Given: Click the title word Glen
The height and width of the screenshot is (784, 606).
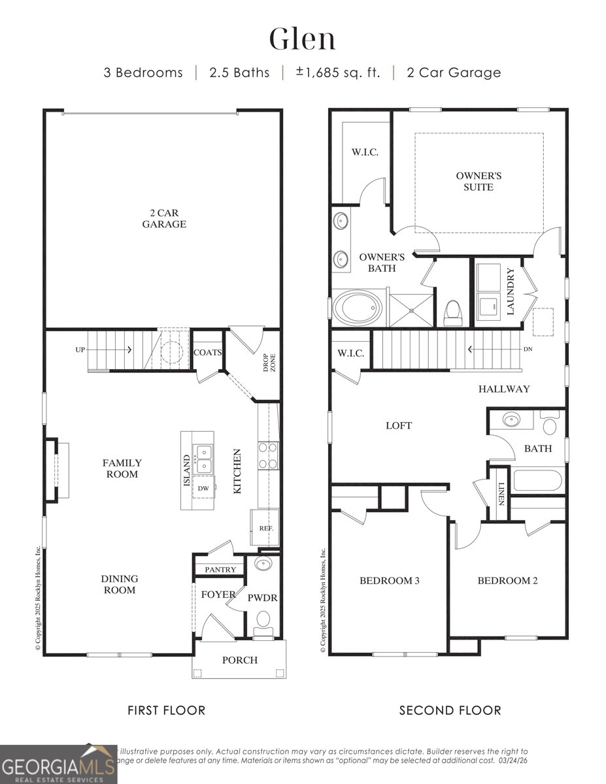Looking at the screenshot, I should [303, 39].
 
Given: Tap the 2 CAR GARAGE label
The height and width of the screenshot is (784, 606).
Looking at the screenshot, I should [164, 218].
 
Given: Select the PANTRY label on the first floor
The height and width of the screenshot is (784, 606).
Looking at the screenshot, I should [220, 570].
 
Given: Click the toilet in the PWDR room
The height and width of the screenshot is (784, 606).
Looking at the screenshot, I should [263, 620].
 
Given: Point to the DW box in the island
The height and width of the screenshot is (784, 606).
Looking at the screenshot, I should [203, 487].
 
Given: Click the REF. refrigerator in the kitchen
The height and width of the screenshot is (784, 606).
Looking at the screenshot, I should [265, 528].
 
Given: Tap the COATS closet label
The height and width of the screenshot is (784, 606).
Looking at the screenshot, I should [208, 352].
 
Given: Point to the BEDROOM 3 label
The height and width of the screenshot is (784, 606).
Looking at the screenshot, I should [390, 580].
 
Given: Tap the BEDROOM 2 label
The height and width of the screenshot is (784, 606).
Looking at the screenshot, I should [507, 580].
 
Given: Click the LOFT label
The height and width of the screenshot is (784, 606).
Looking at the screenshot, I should [398, 425].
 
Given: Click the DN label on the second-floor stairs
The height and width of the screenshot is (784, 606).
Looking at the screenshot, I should [528, 349].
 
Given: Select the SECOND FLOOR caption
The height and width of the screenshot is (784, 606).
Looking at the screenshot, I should [450, 710].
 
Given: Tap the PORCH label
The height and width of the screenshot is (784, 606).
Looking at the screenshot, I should [239, 660].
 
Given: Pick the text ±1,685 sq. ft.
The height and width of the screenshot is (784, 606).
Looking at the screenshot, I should [338, 73].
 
